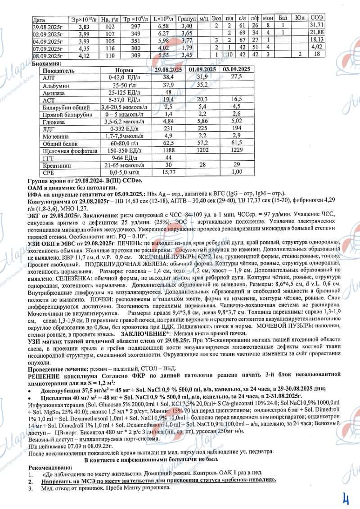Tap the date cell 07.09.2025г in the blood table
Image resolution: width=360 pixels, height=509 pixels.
pyautogui.click(x=50, y=46)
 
